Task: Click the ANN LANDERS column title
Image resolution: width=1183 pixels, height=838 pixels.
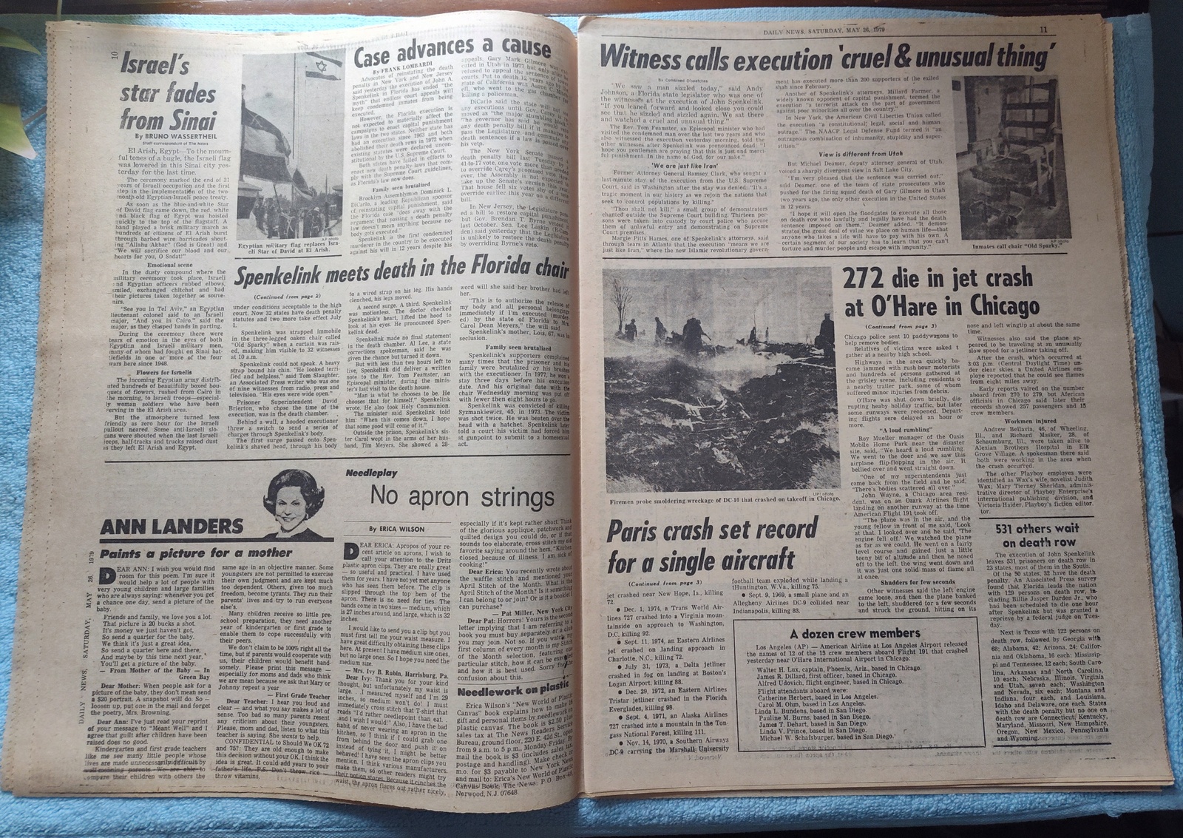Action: pyautogui.click(x=172, y=526)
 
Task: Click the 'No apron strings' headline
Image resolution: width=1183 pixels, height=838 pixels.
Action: pyautogui.click(x=462, y=496)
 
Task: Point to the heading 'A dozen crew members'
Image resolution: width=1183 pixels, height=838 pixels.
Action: pyautogui.click(x=844, y=633)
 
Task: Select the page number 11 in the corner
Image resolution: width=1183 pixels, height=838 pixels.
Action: pyautogui.click(x=1043, y=30)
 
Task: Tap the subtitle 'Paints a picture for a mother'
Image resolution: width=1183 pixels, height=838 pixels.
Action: pyautogui.click(x=196, y=553)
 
